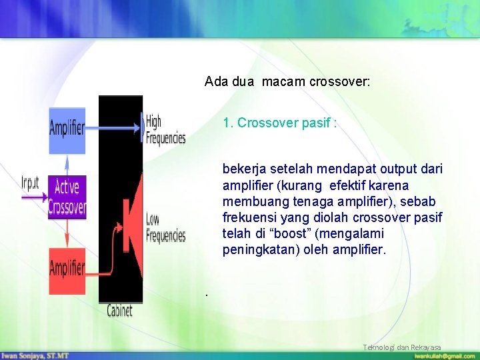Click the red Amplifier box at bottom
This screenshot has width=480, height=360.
point(67,270)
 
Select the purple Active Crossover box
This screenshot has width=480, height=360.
point(67,198)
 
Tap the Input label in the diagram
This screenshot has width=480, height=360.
point(30,181)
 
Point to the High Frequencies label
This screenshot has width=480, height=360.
point(165,130)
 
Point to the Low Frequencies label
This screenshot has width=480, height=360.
point(165,227)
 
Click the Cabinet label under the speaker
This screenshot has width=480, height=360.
point(120,310)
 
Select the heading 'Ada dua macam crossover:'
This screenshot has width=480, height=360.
point(287,82)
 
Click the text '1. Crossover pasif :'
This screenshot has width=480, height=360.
point(279,123)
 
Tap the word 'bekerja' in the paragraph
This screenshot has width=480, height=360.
point(244,169)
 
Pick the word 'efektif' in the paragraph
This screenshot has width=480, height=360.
point(351,185)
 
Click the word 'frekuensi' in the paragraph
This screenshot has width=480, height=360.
point(249,218)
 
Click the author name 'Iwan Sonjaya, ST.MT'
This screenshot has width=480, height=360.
point(35,356)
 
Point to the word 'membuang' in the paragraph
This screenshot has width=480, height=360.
point(253,202)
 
